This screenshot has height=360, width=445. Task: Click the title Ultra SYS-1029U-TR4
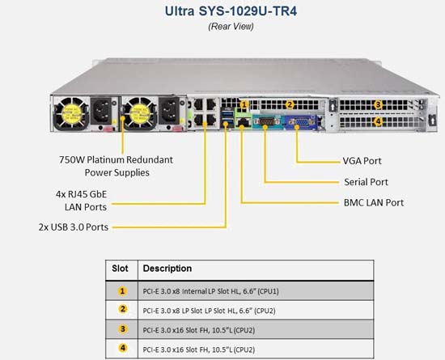pos(231,11)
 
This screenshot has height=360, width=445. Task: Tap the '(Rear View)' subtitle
pos(231,27)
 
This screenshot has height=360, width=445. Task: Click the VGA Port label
pos(362,161)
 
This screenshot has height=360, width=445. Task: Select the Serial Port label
pos(366,182)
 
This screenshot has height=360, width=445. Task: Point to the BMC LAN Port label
pos(374,202)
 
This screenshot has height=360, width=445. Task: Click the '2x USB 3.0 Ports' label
pos(74,227)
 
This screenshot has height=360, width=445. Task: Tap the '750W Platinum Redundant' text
pos(116,159)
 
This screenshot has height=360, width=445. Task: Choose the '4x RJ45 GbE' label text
pos(82,194)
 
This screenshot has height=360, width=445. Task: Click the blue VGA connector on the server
pos(300,123)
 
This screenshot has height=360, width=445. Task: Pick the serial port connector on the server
pos(266,122)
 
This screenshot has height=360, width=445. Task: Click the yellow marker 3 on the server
pos(378,104)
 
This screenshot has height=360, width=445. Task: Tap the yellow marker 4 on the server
pos(378,121)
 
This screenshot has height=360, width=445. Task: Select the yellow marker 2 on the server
pos(289,104)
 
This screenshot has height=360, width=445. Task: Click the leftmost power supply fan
pos(71,114)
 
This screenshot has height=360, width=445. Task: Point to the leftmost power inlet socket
pos(101,111)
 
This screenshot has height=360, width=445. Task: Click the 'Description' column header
pos(167,269)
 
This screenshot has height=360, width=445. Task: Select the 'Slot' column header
pos(120,269)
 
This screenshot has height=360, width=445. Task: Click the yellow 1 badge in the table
pos(122,291)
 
